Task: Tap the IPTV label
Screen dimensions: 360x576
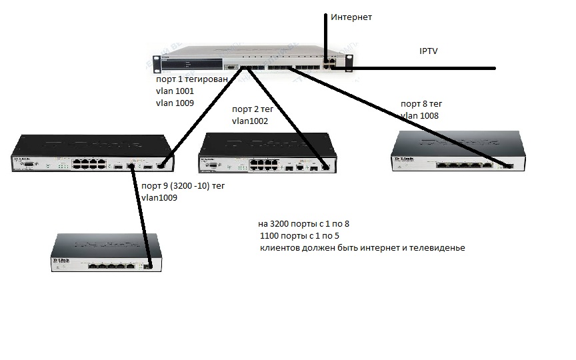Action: tap(429, 51)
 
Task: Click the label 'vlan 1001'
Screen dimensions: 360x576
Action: tap(175, 91)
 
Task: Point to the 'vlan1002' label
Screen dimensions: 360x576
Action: tap(250, 121)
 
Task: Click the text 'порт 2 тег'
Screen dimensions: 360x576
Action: tap(253, 109)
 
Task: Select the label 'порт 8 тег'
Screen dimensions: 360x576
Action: tap(421, 104)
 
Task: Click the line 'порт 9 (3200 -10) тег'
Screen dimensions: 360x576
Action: tap(183, 187)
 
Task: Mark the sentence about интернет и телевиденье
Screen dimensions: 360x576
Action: tap(362, 248)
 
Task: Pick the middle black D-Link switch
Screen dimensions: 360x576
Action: tap(266, 155)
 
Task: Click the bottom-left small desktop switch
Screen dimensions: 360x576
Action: tap(106, 253)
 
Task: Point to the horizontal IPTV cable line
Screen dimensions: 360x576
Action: tap(427, 68)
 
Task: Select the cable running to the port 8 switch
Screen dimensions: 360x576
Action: tap(400, 117)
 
